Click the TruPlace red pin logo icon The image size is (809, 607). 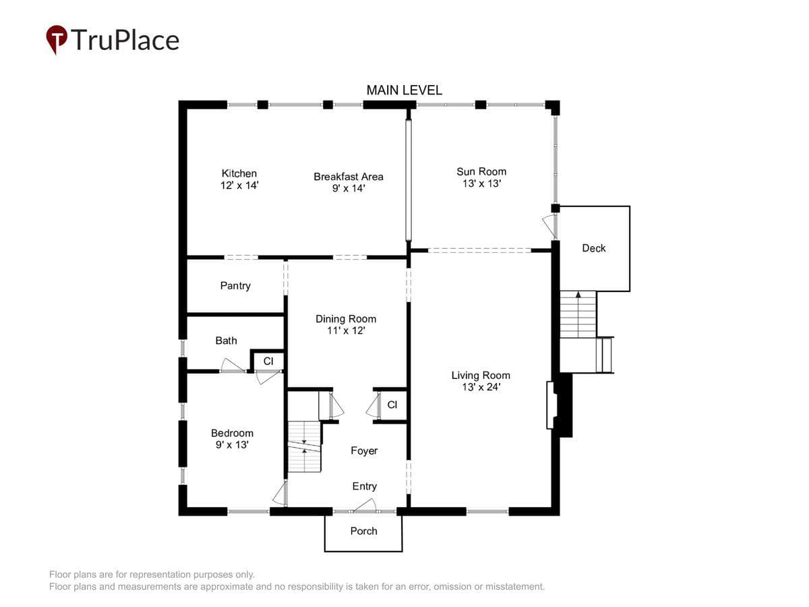coord(57,39)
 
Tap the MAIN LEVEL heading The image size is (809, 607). coord(404,90)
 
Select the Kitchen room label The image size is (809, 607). coord(239,173)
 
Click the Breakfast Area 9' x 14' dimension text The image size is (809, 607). coord(349,188)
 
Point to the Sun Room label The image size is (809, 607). coord(481,171)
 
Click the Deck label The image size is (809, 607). coord(593,248)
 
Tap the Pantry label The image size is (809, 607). coord(235,285)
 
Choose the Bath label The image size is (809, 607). coord(226,341)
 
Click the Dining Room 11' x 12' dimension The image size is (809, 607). coord(346,330)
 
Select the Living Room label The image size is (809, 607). coord(481,375)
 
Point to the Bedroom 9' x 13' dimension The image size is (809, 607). coord(232,445)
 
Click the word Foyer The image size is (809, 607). coord(364,451)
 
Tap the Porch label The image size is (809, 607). coord(363,531)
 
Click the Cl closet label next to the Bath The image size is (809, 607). coord(268,362)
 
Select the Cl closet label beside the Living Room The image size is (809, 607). coord(392,405)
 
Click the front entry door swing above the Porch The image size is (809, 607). coord(365,505)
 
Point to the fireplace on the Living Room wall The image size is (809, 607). coord(559,405)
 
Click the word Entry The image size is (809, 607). coord(364,486)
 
